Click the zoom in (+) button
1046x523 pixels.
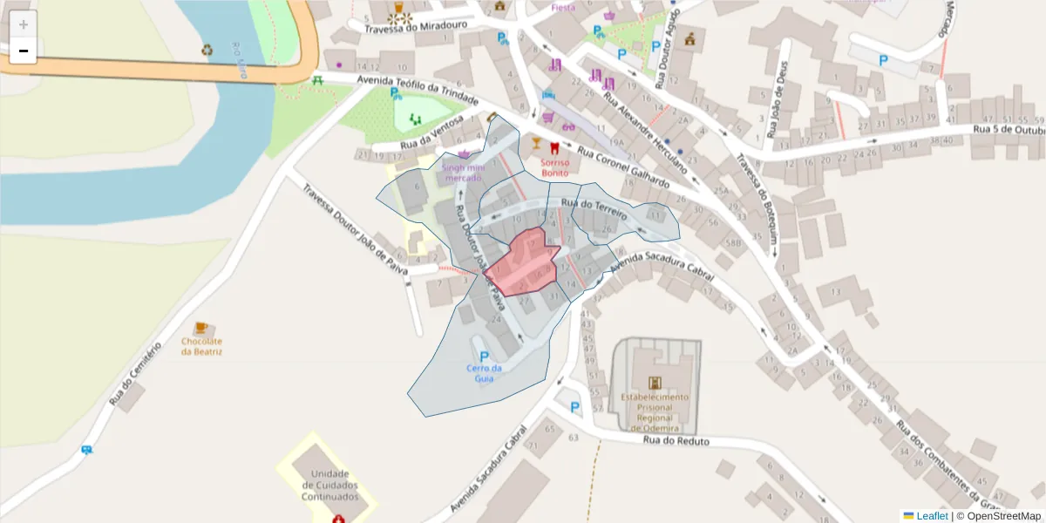tap(24, 24)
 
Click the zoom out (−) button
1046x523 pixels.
tap(24, 51)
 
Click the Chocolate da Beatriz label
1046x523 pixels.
tap(201, 346)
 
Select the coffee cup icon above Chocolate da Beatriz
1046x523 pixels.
tap(201, 328)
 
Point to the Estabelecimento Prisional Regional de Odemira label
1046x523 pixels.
tap(655, 411)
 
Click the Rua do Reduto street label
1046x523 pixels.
tap(676, 441)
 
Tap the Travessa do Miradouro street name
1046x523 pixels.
tap(416, 26)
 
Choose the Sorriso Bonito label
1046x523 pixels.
tap(554, 167)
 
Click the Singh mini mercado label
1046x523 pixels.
tap(463, 172)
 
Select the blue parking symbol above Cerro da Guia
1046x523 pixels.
tap(485, 357)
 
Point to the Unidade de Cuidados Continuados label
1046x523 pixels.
tap(329, 485)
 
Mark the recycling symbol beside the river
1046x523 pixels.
tap(207, 50)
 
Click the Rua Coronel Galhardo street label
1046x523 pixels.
tap(623, 169)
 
